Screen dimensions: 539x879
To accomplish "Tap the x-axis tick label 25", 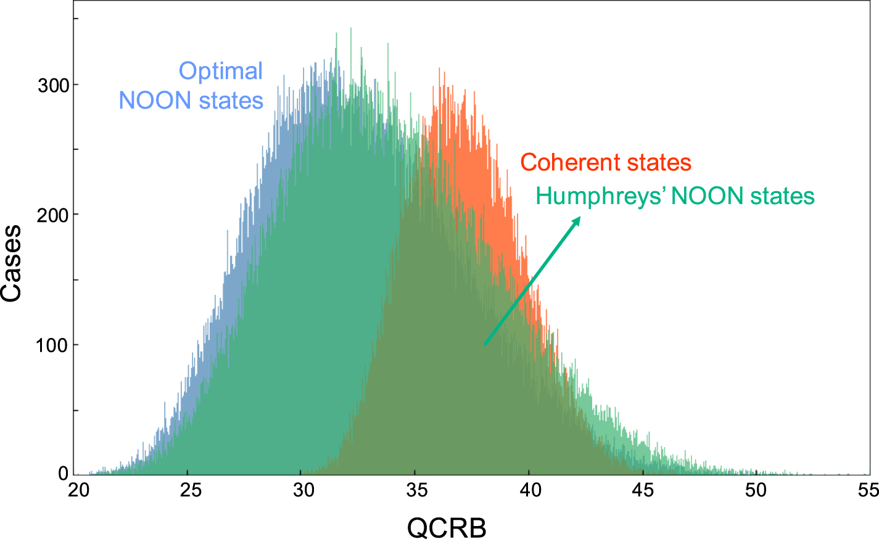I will click(x=191, y=490).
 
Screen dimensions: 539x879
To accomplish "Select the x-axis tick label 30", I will click(x=304, y=490).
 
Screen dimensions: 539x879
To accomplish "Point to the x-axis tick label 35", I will click(x=417, y=490).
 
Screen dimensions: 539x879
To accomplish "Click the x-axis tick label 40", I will click(x=530, y=490).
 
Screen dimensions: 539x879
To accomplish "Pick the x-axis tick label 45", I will click(x=643, y=490).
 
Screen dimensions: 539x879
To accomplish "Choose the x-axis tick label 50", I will click(x=756, y=490).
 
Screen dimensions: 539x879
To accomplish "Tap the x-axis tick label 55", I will click(x=868, y=490).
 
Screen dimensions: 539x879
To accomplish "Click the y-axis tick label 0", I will click(x=63, y=474).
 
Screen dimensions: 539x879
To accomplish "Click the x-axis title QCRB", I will click(x=447, y=528).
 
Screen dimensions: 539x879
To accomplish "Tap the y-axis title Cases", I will click(x=12, y=263).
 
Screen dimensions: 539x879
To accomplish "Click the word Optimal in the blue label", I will click(x=221, y=72).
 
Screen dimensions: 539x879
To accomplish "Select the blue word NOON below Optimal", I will click(x=154, y=101).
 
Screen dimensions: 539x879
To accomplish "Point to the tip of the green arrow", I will click(x=580, y=217).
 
